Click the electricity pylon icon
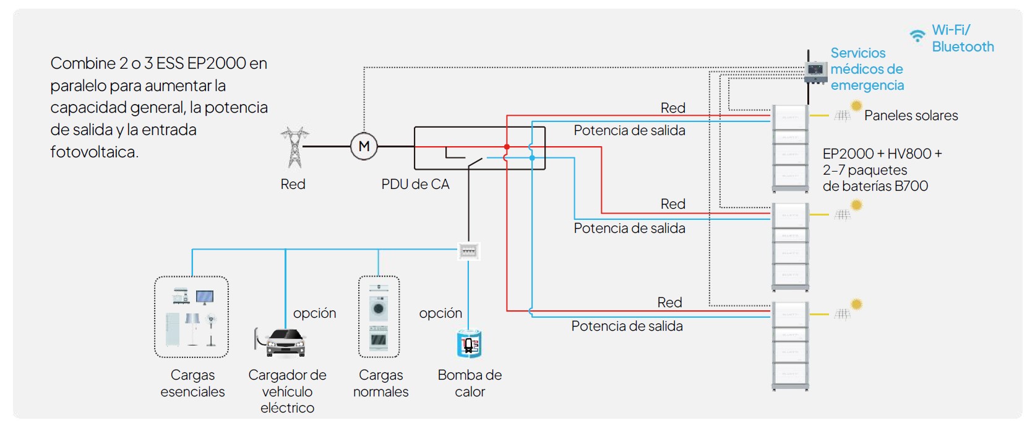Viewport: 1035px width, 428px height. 294,147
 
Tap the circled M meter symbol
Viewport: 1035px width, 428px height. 364,147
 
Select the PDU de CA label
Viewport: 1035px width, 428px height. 415,185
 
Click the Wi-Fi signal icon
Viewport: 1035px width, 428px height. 917,36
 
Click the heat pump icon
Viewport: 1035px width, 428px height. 469,344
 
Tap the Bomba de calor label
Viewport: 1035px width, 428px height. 470,383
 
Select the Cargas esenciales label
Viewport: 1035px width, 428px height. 192,383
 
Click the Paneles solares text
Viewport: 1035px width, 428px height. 911,116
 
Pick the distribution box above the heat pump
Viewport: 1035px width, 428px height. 468,251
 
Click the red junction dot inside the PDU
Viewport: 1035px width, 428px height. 507,147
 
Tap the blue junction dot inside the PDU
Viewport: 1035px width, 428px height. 532,158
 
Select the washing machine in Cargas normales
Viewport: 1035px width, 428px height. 379,308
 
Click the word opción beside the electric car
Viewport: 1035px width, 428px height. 314,313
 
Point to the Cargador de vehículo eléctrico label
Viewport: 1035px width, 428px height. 287,391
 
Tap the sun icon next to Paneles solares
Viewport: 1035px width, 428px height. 856,106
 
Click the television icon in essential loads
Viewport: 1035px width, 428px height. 205,297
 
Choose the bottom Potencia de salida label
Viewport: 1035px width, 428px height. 627,326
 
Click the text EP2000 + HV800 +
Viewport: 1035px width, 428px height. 882,154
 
